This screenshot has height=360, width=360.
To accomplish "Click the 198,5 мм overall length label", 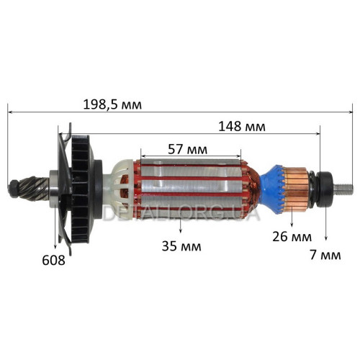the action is click(112, 104).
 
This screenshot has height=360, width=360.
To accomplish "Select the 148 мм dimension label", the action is click(242, 127).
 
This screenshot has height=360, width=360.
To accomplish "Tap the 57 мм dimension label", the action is click(187, 150).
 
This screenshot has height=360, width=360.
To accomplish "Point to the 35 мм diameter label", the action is click(181, 246).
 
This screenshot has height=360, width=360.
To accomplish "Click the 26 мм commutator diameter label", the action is click(292, 237).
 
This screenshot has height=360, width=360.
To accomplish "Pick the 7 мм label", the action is click(325, 255).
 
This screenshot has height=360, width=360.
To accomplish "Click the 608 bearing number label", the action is click(53, 260).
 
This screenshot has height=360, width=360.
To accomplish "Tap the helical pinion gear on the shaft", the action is click(34, 189).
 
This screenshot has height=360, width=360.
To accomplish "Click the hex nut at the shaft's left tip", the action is click(13, 189).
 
